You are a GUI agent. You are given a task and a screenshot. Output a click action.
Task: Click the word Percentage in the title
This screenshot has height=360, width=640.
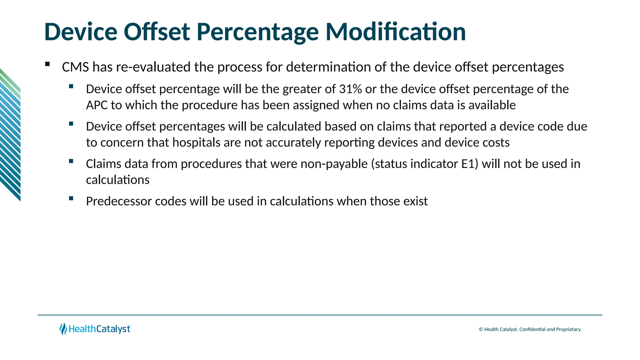pyautogui.click(x=257, y=32)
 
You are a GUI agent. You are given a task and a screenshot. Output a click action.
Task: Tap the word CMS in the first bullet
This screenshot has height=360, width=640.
pyautogui.click(x=75, y=67)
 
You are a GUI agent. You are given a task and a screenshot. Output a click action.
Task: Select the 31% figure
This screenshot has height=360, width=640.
pyautogui.click(x=350, y=89)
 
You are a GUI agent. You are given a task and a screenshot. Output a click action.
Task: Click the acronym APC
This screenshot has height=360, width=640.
pyautogui.click(x=97, y=105)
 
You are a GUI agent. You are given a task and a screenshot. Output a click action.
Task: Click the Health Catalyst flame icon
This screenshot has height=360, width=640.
pyautogui.click(x=63, y=329)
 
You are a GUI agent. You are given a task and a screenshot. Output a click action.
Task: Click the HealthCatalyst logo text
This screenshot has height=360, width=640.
pyautogui.click(x=99, y=329)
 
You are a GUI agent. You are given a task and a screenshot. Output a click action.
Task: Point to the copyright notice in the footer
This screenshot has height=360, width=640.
pyautogui.click(x=530, y=329)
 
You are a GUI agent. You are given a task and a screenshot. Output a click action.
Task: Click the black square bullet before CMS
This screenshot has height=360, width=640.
pyautogui.click(x=47, y=64)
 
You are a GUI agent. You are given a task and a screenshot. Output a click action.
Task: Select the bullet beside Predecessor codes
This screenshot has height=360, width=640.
pyautogui.click(x=71, y=198)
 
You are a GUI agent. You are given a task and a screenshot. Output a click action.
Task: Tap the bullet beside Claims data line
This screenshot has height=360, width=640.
pyautogui.click(x=71, y=161)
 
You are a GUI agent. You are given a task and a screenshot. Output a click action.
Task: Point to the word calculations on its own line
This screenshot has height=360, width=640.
pyautogui.click(x=117, y=180)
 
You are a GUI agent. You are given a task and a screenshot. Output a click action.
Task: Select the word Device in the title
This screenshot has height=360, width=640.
pyautogui.click(x=81, y=32)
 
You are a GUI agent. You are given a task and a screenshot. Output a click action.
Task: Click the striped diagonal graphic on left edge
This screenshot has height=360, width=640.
pyautogui.click(x=10, y=134)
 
